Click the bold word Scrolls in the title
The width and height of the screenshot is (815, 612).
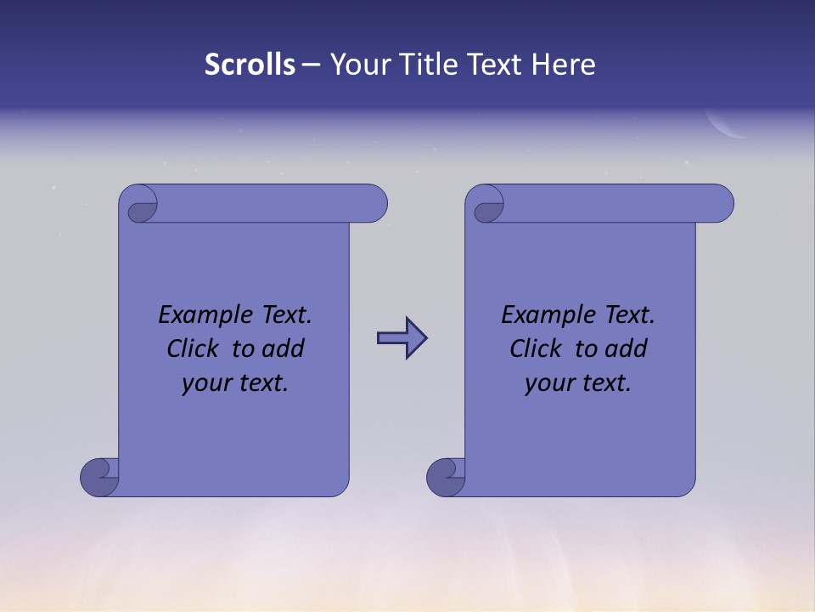pos(250,65)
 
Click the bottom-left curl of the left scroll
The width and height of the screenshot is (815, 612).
pos(98,476)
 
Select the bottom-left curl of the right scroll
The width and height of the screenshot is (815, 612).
pos(445,476)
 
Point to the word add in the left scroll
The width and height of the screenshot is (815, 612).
pos(284,349)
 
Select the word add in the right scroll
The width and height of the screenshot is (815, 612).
pos(627,349)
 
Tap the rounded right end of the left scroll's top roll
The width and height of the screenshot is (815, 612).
pos(374,204)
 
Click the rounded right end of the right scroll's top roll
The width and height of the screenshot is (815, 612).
pos(720,204)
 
